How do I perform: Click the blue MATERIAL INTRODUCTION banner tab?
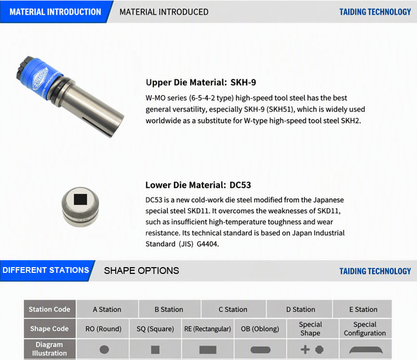[55, 11]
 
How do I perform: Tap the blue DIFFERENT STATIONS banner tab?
[46, 271]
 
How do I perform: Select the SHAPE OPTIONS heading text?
[141, 271]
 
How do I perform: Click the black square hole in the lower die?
[80, 199]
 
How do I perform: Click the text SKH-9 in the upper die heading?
[243, 82]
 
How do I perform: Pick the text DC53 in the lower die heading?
[240, 185]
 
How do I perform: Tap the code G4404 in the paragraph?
[207, 244]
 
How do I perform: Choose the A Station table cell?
[107, 309]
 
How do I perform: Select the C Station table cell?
[233, 309]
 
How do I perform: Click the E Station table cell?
[363, 309]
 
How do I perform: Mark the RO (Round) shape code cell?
[103, 329]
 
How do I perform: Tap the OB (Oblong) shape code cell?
[260, 329]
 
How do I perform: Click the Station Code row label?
[50, 309]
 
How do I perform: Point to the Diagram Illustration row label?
[50, 349]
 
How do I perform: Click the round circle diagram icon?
[104, 350]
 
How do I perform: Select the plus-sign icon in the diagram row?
[305, 350]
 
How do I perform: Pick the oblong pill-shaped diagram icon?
[260, 350]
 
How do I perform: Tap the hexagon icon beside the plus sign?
[320, 350]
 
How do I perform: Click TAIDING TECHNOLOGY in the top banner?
[375, 12]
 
